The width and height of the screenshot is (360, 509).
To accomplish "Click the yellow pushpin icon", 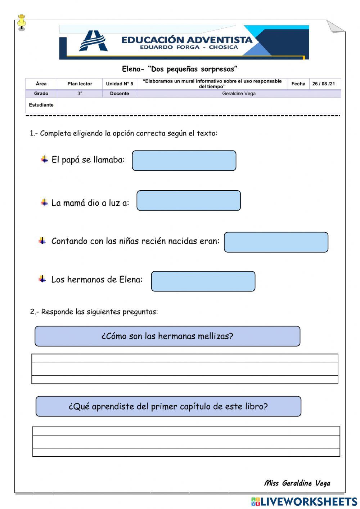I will pos(22,22).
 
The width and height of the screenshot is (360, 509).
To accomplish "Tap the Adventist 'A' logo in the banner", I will pos(93,41).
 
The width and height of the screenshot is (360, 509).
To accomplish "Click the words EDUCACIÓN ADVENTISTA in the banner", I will pos(187,40).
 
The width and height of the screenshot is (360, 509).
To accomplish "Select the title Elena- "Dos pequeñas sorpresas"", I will pos(180,69).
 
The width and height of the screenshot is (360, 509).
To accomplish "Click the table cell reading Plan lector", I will pos(80,84).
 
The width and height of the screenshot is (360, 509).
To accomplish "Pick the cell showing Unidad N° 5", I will pos(120,84).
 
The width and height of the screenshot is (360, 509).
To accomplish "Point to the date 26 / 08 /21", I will pos(323,84).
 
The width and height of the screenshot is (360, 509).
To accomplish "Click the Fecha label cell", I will pos(298,84).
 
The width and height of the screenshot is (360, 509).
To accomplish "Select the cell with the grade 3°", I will pos(80,94).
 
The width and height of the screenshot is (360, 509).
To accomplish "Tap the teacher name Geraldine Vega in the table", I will pos(239,94).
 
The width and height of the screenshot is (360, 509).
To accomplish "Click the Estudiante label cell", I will pos(41,105).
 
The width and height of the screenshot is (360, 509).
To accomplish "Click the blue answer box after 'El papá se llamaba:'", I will pos(184,161).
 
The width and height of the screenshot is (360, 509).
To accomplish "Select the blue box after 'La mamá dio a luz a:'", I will pos(188,201).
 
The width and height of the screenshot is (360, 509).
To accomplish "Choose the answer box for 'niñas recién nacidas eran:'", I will pos(276,242).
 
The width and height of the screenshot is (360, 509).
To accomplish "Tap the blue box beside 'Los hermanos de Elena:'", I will pos(203,281).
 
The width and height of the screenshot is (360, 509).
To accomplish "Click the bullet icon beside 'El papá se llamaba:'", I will pos(44,159).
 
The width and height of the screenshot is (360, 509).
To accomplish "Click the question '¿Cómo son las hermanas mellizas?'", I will pos(167,336).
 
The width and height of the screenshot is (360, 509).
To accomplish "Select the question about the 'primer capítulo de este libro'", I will pos(168,406).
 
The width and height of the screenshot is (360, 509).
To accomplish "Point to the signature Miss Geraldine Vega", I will pos(297,483).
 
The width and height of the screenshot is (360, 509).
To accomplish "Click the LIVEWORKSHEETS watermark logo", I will pos(304,501).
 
